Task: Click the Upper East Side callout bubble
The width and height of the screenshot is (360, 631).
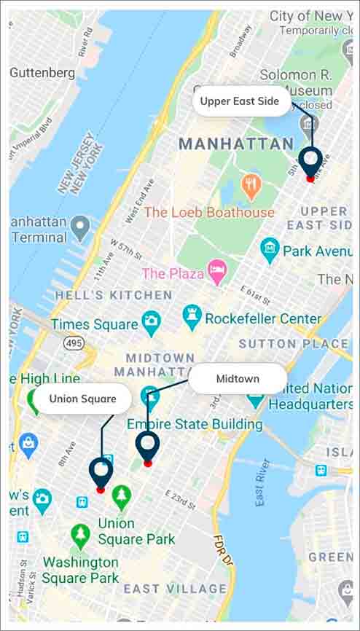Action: pyautogui.click(x=240, y=101)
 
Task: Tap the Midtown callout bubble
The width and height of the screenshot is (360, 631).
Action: pyautogui.click(x=238, y=379)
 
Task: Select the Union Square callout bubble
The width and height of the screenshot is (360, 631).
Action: pyautogui.click(x=82, y=399)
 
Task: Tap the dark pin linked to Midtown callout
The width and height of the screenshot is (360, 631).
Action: pyautogui.click(x=147, y=446)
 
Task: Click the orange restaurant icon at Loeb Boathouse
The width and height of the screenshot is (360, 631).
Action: pyautogui.click(x=251, y=187)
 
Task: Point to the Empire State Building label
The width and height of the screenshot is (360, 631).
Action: pyautogui.click(x=195, y=424)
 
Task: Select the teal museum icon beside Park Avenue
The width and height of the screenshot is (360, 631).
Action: pyautogui.click(x=270, y=250)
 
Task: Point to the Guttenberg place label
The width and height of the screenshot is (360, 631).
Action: pyautogui.click(x=42, y=73)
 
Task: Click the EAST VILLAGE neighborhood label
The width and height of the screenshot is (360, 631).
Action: pyautogui.click(x=175, y=589)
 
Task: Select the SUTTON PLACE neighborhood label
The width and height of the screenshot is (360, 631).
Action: pyautogui.click(x=293, y=343)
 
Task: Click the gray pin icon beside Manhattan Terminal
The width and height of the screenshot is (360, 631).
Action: pyautogui.click(x=81, y=227)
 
